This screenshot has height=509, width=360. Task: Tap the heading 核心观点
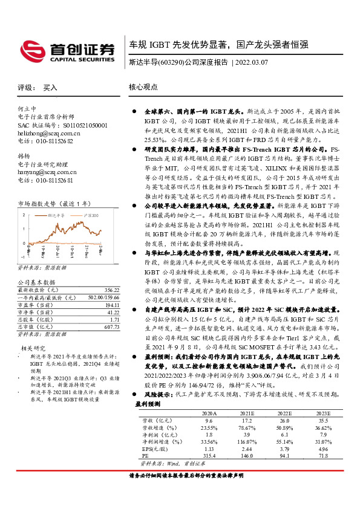point(143,87)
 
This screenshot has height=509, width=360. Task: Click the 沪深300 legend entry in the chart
point(90,215)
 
